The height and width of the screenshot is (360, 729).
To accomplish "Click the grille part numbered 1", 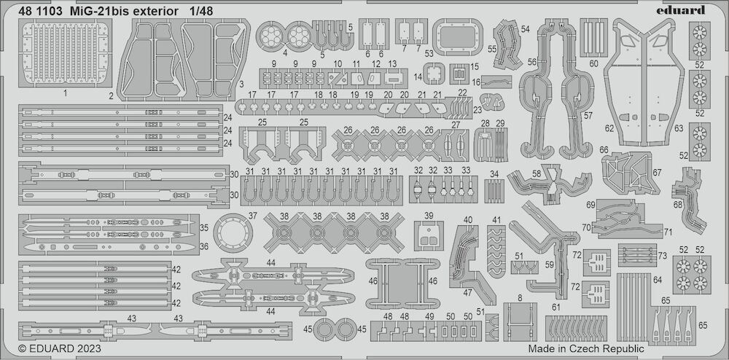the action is point(65,53).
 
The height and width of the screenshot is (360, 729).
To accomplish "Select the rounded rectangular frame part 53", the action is point(458,38).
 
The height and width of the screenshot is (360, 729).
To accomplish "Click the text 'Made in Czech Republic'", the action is point(586,349).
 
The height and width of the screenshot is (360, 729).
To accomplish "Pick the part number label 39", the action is point(429,215).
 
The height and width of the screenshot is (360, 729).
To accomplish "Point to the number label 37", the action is point(252,216).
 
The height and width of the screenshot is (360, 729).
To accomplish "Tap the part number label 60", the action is point(593,64).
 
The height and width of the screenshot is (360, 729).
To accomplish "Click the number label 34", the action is point(494,173).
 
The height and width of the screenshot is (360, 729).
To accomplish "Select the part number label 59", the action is point(550,265).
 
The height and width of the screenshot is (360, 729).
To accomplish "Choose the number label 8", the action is point(520,298).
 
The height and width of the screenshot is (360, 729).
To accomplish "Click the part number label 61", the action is point(555,307).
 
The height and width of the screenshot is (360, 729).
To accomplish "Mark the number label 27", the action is point(456,125).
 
